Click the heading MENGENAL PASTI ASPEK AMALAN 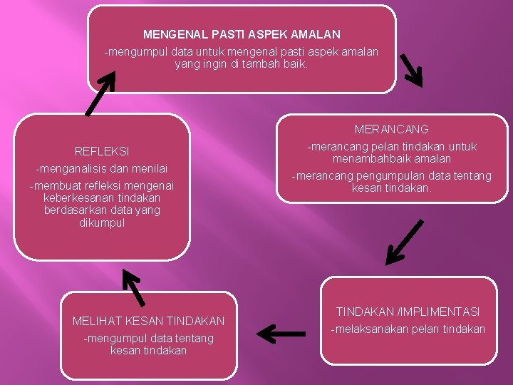(x=242, y=34)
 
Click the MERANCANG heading (x=391, y=130)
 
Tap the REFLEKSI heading (x=102, y=151)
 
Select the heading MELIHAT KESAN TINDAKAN (x=148, y=322)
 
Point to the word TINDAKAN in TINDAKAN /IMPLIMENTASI (x=366, y=312)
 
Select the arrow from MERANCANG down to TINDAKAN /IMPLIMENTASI (x=404, y=242)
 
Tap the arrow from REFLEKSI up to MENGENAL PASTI (x=100, y=93)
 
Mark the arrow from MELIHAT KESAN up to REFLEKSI (x=133, y=287)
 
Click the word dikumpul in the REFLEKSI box (x=102, y=223)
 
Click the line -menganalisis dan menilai (x=102, y=169)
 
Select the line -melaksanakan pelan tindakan (x=407, y=329)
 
